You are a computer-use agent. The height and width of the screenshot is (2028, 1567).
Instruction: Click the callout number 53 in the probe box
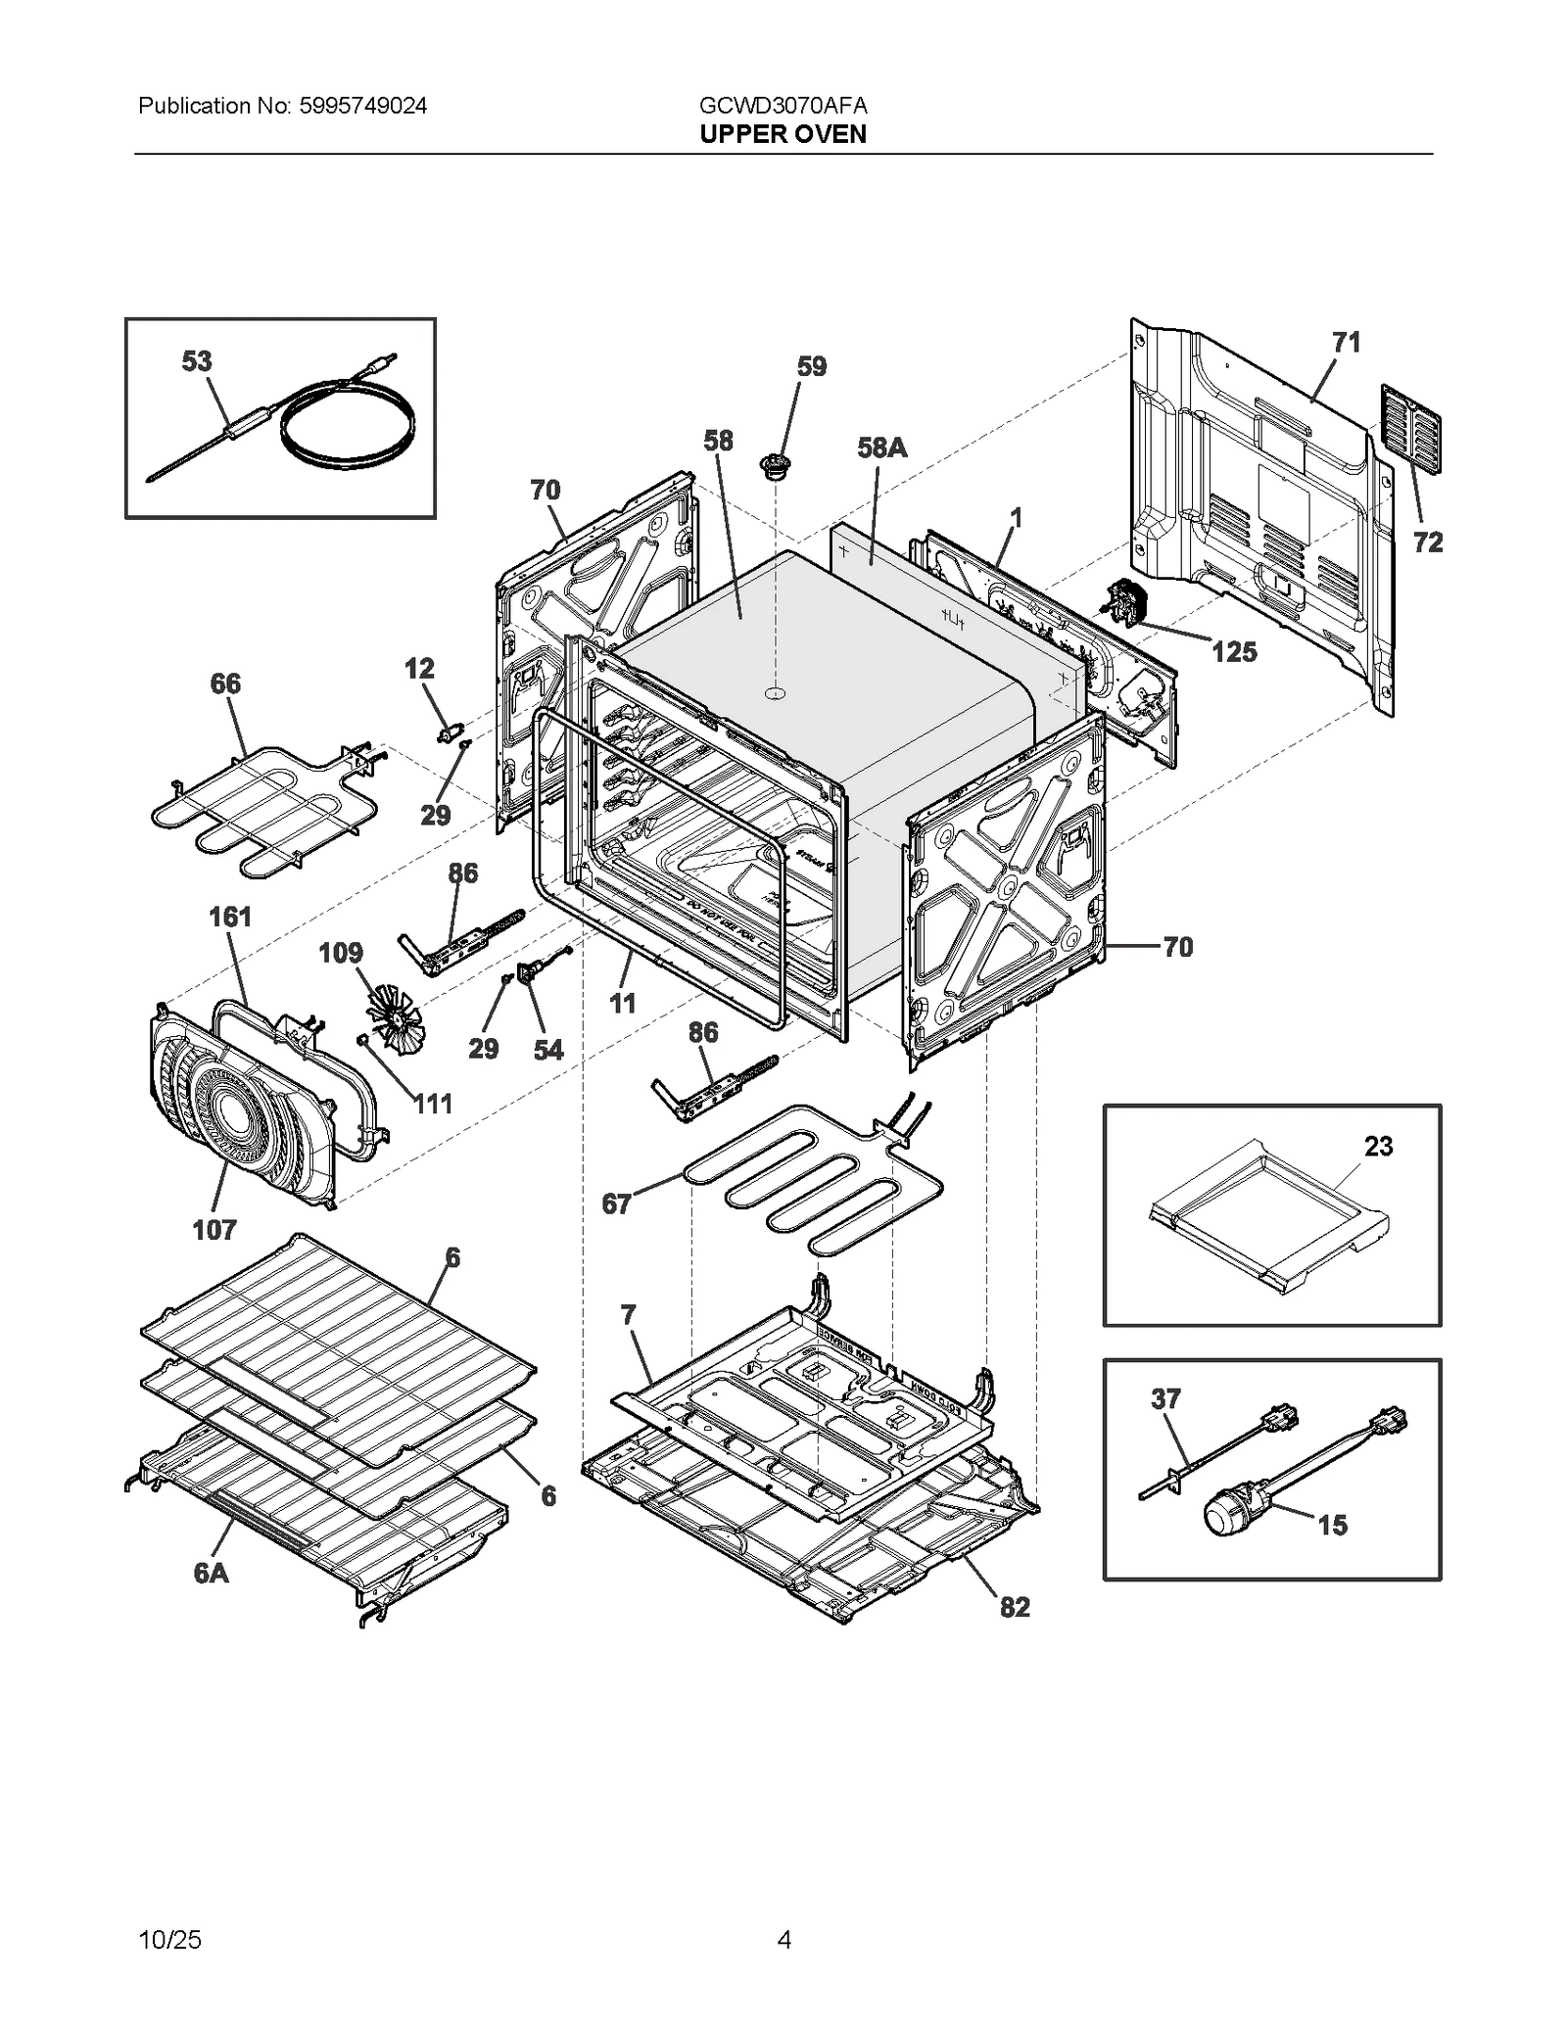[197, 361]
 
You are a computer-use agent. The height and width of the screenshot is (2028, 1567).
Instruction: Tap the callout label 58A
[881, 448]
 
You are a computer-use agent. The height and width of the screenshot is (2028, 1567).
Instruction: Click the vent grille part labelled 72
[1410, 429]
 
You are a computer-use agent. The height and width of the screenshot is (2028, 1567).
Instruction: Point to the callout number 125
[1233, 651]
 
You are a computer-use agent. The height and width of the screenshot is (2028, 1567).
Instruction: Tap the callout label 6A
[211, 1573]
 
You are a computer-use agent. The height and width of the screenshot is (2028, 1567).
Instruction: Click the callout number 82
[1015, 1607]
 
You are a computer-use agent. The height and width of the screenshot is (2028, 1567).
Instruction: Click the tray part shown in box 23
[1268, 1215]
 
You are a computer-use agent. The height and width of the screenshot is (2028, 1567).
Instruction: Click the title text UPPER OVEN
[783, 134]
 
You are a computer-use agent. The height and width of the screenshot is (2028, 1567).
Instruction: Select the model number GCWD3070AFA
[783, 106]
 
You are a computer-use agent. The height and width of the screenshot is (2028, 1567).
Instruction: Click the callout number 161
[230, 917]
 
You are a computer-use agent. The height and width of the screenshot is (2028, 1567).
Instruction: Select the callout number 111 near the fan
[432, 1104]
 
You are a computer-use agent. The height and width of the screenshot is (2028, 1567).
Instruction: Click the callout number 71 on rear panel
[1347, 342]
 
